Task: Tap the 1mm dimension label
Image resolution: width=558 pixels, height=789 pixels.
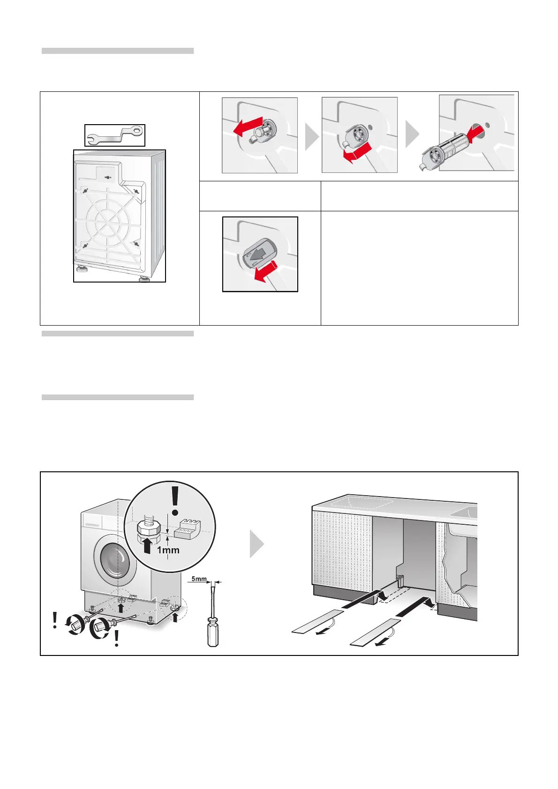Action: pyautogui.click(x=168, y=550)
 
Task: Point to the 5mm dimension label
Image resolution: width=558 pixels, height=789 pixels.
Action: pyautogui.click(x=199, y=579)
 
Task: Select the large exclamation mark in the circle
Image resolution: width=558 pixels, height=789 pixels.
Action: pyautogui.click(x=176, y=499)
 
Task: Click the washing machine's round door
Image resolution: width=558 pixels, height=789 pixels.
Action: pyautogui.click(x=115, y=560)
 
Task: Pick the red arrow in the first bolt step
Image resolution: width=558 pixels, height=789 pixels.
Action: pyautogui.click(x=247, y=127)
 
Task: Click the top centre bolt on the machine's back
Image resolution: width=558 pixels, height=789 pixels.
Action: pyautogui.click(x=108, y=178)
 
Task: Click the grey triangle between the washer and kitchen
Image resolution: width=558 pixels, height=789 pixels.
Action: pyautogui.click(x=256, y=544)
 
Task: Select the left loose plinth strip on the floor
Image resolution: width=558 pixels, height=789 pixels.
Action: pyautogui.click(x=317, y=620)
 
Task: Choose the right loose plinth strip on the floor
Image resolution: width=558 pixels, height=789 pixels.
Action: pyautogui.click(x=376, y=631)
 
